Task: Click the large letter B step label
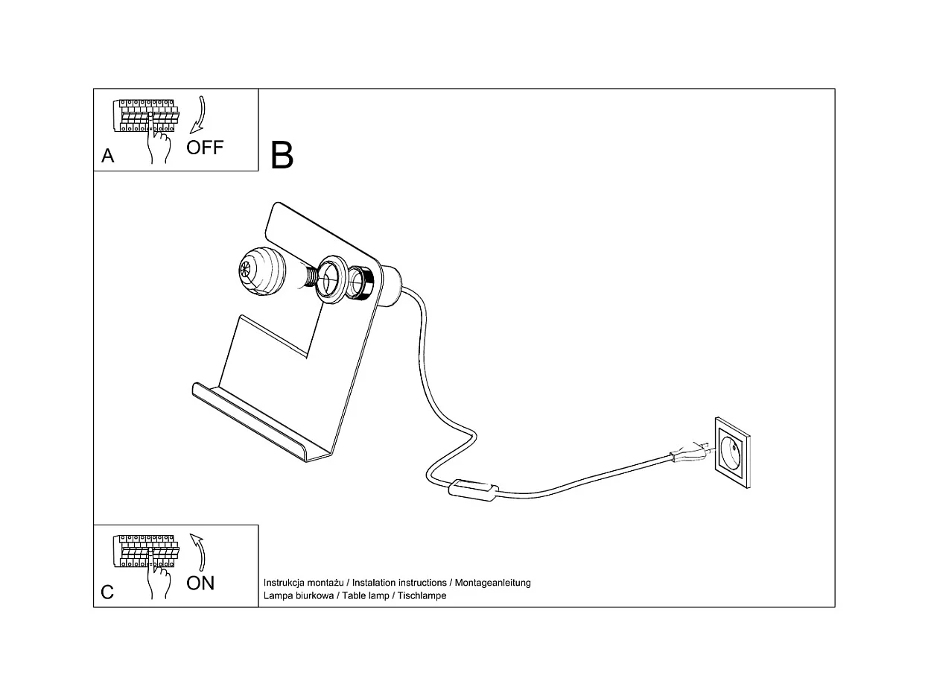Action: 282,155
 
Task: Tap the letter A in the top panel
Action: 108,156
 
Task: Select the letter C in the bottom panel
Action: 108,592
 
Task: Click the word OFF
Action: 205,147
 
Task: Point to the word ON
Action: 200,583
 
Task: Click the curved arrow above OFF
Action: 200,114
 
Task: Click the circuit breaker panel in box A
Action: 146,116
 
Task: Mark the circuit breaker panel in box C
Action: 146,551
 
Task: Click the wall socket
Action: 733,453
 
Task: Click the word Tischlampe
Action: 422,596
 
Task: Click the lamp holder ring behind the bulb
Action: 330,279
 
